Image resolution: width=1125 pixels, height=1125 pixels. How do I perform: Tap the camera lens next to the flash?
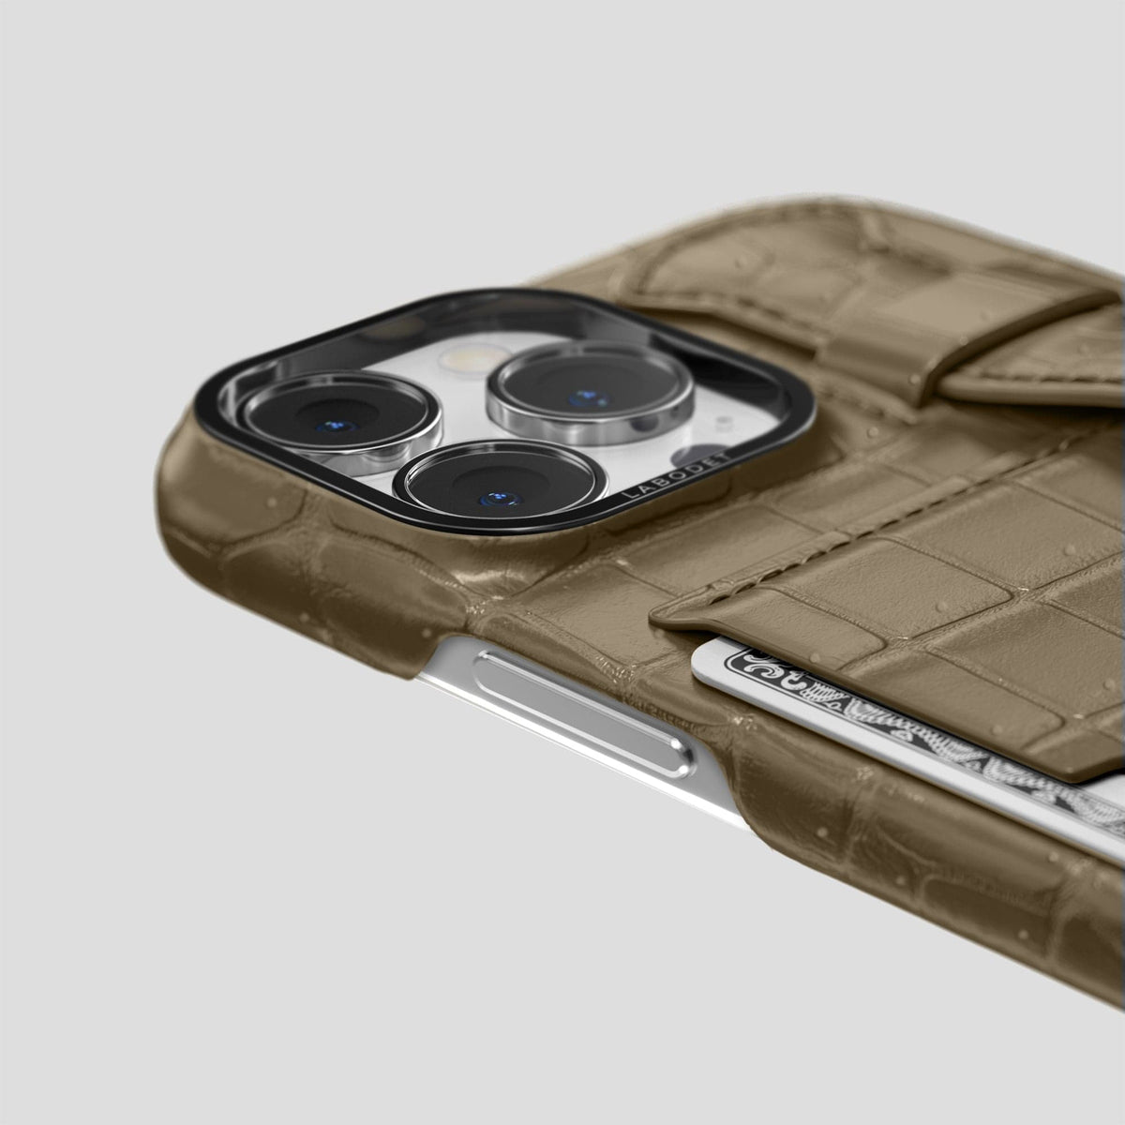[x=591, y=394]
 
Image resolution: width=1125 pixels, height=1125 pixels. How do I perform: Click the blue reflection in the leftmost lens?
[x=336, y=427]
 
